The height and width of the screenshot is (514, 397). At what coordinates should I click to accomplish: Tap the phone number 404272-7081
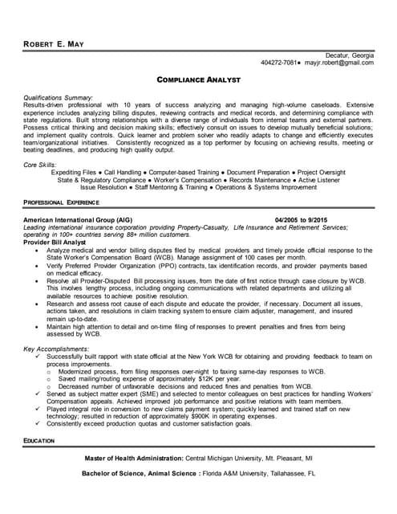coord(279,63)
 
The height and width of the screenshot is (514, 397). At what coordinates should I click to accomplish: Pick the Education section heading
coord(39,441)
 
